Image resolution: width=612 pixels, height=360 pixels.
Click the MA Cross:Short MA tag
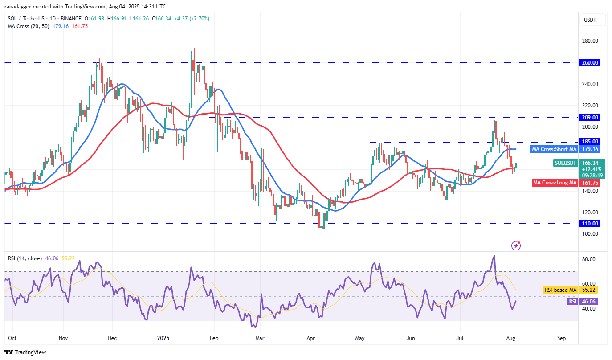pyautogui.click(x=554, y=149)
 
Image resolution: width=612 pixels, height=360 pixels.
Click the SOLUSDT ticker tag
pyautogui.click(x=565, y=163)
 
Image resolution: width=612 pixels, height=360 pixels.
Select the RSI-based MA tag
pyautogui.click(x=559, y=290)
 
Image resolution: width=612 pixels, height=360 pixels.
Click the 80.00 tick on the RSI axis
pyautogui.click(x=589, y=259)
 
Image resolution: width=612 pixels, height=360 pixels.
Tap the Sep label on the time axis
pyautogui.click(x=561, y=338)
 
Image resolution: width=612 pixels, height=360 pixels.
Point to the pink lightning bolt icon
pyautogui.click(x=516, y=245)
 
